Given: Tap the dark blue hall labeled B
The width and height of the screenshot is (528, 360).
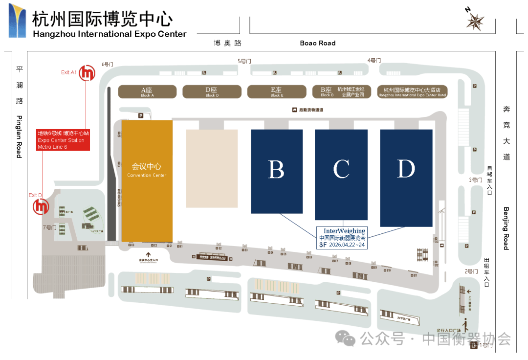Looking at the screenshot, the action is [x=276, y=171].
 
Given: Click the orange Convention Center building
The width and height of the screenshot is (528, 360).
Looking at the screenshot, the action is [x=147, y=181].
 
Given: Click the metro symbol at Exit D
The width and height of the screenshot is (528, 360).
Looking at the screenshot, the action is [x=41, y=206].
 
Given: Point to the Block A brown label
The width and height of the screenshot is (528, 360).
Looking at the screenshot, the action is [x=147, y=91].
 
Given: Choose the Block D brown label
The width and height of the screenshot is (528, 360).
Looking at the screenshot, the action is [x=212, y=91].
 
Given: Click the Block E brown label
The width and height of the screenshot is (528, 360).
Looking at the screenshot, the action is [x=276, y=91].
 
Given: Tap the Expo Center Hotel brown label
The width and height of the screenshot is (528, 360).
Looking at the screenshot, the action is [x=412, y=91].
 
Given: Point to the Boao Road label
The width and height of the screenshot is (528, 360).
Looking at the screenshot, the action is [x=318, y=43].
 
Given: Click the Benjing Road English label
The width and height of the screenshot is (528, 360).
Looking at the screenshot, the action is [x=506, y=228].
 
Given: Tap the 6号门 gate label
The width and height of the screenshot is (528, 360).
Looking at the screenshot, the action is [x=108, y=64].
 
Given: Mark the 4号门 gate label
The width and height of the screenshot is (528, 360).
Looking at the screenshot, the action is [x=374, y=61].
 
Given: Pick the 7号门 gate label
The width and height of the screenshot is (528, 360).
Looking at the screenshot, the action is [x=49, y=227].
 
